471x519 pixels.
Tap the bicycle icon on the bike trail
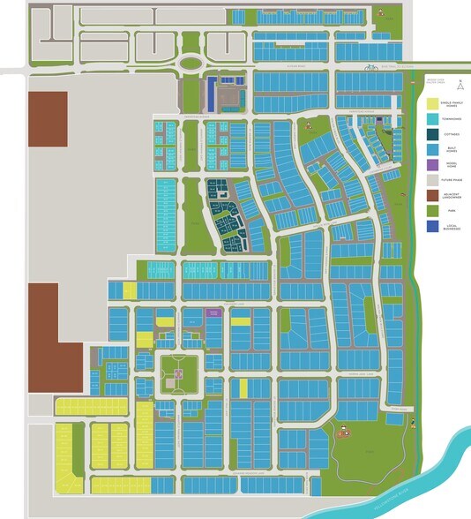(371, 66)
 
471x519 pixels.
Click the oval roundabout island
(191, 64)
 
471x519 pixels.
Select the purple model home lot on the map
(213, 312)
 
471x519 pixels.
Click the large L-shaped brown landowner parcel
(44, 335)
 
